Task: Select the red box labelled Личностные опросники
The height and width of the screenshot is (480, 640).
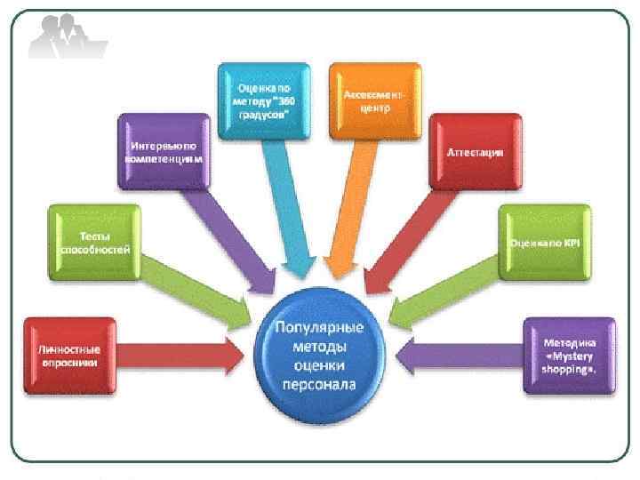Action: [x=68, y=356]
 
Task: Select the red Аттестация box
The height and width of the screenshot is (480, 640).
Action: [x=475, y=152]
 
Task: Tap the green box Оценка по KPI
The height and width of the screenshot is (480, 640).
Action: [x=544, y=242]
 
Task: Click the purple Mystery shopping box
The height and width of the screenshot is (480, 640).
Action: [x=569, y=356]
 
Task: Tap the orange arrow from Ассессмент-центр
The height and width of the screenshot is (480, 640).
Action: [x=348, y=204]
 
